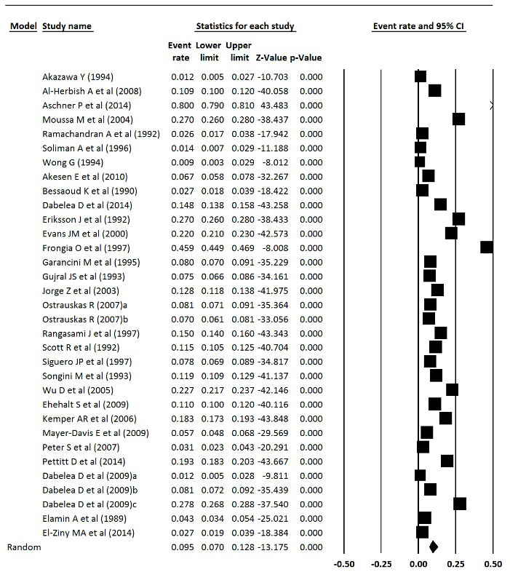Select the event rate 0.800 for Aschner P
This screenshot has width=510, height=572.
180,105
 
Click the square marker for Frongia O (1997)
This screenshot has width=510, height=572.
487,247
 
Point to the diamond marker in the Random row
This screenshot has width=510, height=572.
434,547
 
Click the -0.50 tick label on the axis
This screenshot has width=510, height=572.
343,563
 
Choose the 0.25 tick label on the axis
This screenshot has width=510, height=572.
456,563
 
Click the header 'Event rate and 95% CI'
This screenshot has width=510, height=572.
418,27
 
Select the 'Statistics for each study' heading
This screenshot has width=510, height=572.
244,27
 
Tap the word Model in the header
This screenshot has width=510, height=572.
23,27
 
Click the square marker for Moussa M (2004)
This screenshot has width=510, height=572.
458,119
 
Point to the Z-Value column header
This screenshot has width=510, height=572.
269,57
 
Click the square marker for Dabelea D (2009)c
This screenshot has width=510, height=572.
460,504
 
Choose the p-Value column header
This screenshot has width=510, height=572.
306,57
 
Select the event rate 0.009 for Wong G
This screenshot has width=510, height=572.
180,162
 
